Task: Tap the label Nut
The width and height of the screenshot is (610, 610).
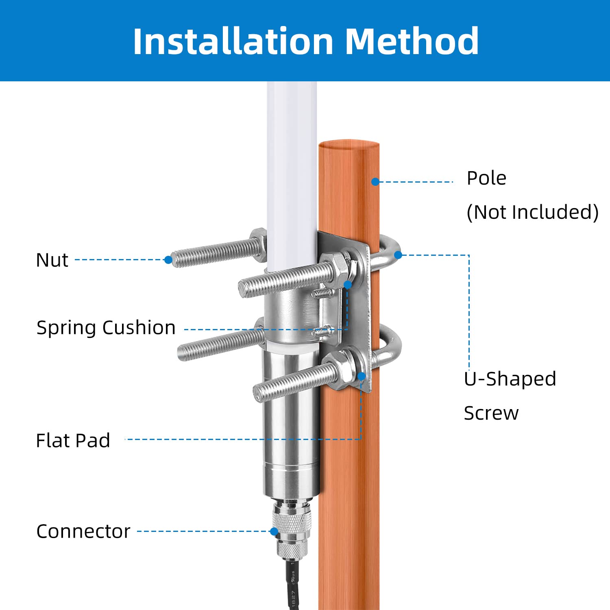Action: click(52, 260)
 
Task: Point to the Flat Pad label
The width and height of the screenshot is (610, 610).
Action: click(73, 440)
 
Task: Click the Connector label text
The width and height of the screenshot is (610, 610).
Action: click(83, 531)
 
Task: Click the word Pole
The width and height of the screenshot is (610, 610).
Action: click(486, 178)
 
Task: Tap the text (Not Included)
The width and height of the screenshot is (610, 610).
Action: click(533, 212)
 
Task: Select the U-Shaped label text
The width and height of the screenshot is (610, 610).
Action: click(510, 379)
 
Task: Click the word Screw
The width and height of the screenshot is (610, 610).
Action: click(491, 413)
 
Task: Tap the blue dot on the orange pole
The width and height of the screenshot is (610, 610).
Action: click(375, 182)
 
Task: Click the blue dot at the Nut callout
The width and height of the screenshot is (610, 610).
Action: click(168, 260)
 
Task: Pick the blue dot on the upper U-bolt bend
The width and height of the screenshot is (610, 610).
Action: click(398, 255)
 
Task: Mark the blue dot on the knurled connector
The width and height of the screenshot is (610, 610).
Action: click(274, 531)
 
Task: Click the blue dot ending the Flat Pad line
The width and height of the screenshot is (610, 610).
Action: click(361, 377)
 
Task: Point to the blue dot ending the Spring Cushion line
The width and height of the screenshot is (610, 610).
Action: click(348, 284)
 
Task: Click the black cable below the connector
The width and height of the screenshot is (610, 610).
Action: click(293, 586)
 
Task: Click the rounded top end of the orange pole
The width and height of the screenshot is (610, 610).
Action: click(349, 145)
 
